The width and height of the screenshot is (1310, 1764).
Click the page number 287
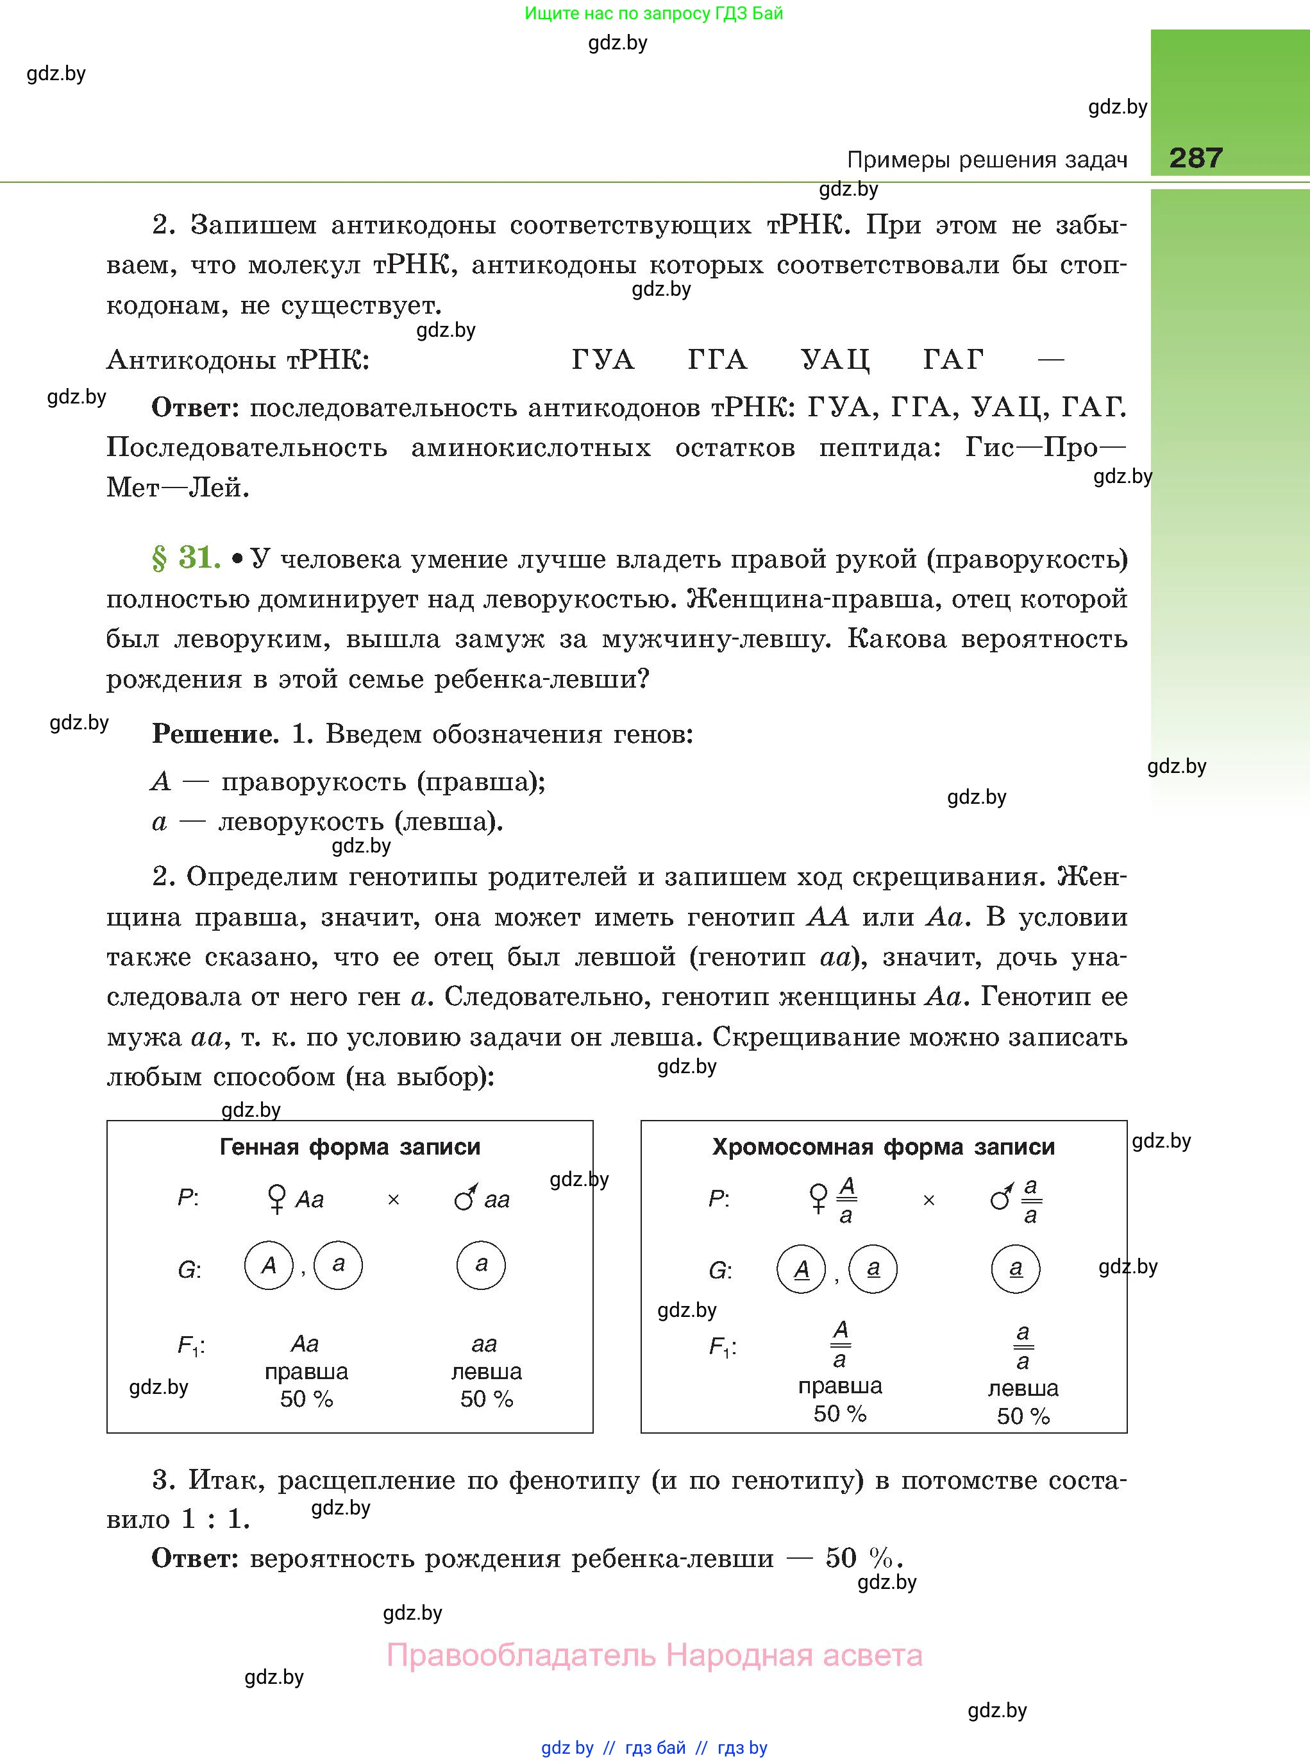[1195, 158]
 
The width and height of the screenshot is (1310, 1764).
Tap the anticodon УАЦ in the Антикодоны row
[834, 360]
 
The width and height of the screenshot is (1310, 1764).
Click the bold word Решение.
[215, 734]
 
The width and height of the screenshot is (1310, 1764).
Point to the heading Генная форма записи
[349, 1147]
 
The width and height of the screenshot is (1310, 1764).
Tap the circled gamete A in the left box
[269, 1265]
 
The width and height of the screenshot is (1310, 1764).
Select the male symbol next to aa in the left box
[466, 1198]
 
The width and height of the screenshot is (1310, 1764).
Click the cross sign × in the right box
[928, 1201]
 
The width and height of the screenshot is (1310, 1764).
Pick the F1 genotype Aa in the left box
[305, 1344]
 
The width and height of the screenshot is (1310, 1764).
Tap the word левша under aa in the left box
[486, 1371]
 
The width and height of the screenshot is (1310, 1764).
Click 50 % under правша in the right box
[840, 1413]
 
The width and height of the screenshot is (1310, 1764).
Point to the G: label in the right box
[720, 1271]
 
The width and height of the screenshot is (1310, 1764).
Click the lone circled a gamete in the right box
[1015, 1268]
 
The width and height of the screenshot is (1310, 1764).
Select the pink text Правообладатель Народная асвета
[654, 1656]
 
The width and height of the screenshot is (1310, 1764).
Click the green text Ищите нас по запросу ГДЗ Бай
[653, 13]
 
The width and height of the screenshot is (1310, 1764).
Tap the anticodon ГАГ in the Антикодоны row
[953, 360]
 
